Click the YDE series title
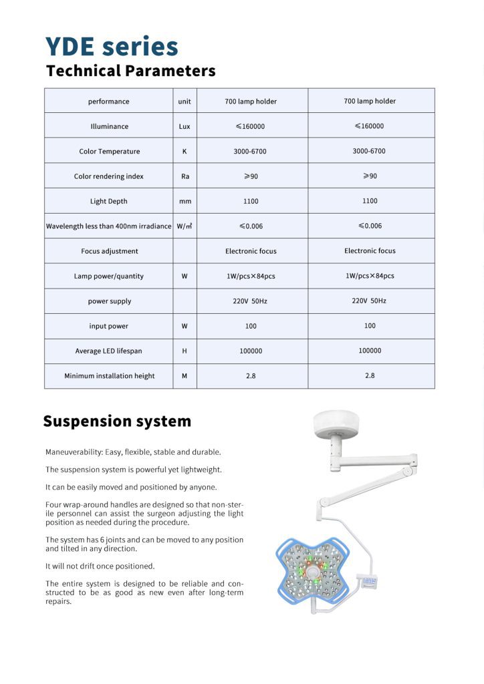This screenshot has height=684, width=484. [x=112, y=47]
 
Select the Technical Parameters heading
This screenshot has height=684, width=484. [x=130, y=71]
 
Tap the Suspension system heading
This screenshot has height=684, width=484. [x=117, y=421]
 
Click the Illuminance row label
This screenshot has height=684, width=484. [x=109, y=126]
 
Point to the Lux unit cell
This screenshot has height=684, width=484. [x=185, y=126]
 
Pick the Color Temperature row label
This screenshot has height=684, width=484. [x=109, y=152]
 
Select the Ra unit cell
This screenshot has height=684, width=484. [x=185, y=176]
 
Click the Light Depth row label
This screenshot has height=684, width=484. [x=108, y=201]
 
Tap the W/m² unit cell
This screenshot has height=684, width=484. [x=185, y=226]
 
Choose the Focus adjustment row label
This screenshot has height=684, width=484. [x=109, y=251]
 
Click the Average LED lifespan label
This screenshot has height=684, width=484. [x=108, y=351]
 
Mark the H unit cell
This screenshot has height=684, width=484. [x=185, y=351]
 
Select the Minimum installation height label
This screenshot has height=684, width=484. [x=109, y=376]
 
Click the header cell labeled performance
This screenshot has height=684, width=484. [x=108, y=102]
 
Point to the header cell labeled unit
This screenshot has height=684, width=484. [x=185, y=102]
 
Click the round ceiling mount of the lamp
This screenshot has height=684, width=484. [x=336, y=422]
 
